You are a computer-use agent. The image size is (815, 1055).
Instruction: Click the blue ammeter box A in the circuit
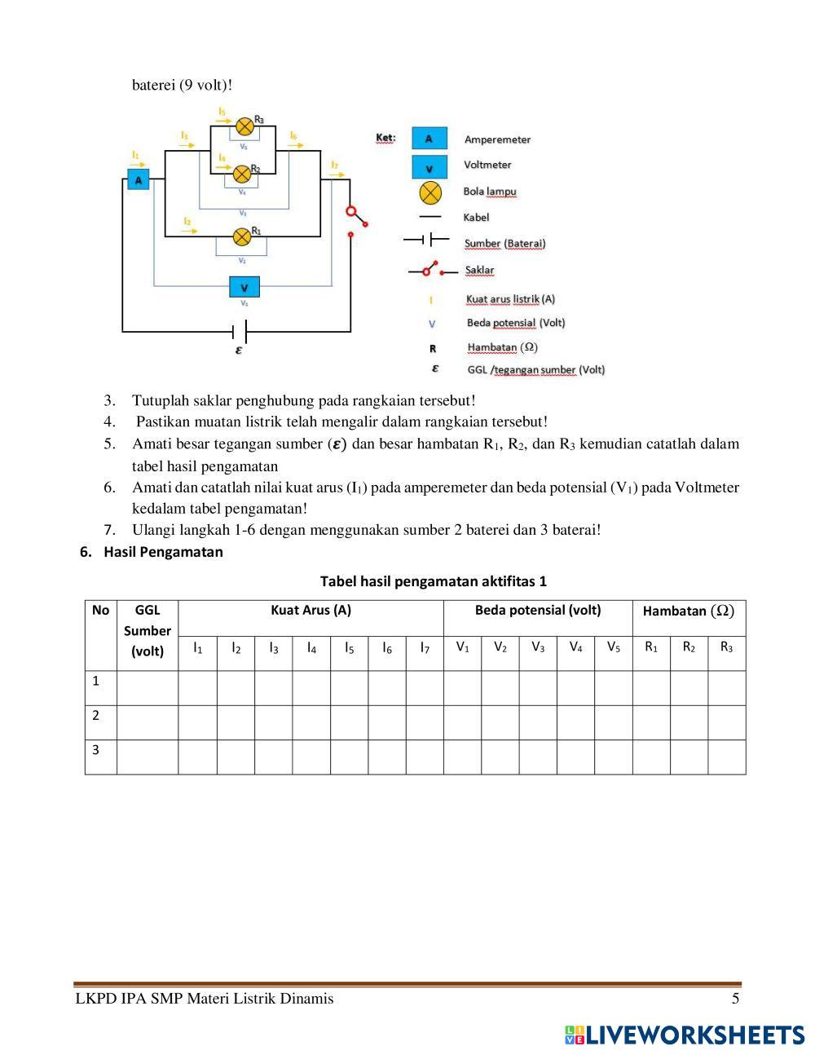point(139,179)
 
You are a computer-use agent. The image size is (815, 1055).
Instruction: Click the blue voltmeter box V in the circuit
point(244,287)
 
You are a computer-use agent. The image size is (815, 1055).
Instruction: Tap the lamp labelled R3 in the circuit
point(244,126)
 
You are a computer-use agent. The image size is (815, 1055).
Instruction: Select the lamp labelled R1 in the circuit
point(242,236)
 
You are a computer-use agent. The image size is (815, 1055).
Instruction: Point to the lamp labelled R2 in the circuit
point(242,174)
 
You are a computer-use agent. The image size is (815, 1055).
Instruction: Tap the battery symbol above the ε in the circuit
point(240,331)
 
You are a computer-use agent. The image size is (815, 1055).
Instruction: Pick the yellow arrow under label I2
point(189,231)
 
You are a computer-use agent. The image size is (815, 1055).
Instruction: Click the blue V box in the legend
point(430,166)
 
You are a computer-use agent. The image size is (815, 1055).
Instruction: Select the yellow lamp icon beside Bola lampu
point(430,192)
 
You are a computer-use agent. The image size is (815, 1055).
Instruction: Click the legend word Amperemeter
point(497,139)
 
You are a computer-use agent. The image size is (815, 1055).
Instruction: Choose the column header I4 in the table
point(311,648)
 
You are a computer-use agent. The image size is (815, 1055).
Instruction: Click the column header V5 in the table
point(613,647)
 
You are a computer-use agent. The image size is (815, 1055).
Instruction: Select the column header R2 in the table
point(689,647)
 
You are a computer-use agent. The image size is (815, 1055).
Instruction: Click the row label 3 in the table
point(96,749)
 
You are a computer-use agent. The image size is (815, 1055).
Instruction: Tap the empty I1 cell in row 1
point(197,687)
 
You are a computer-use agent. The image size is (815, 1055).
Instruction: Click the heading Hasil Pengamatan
point(163,552)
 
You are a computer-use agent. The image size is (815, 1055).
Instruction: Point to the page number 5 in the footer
point(735,999)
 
